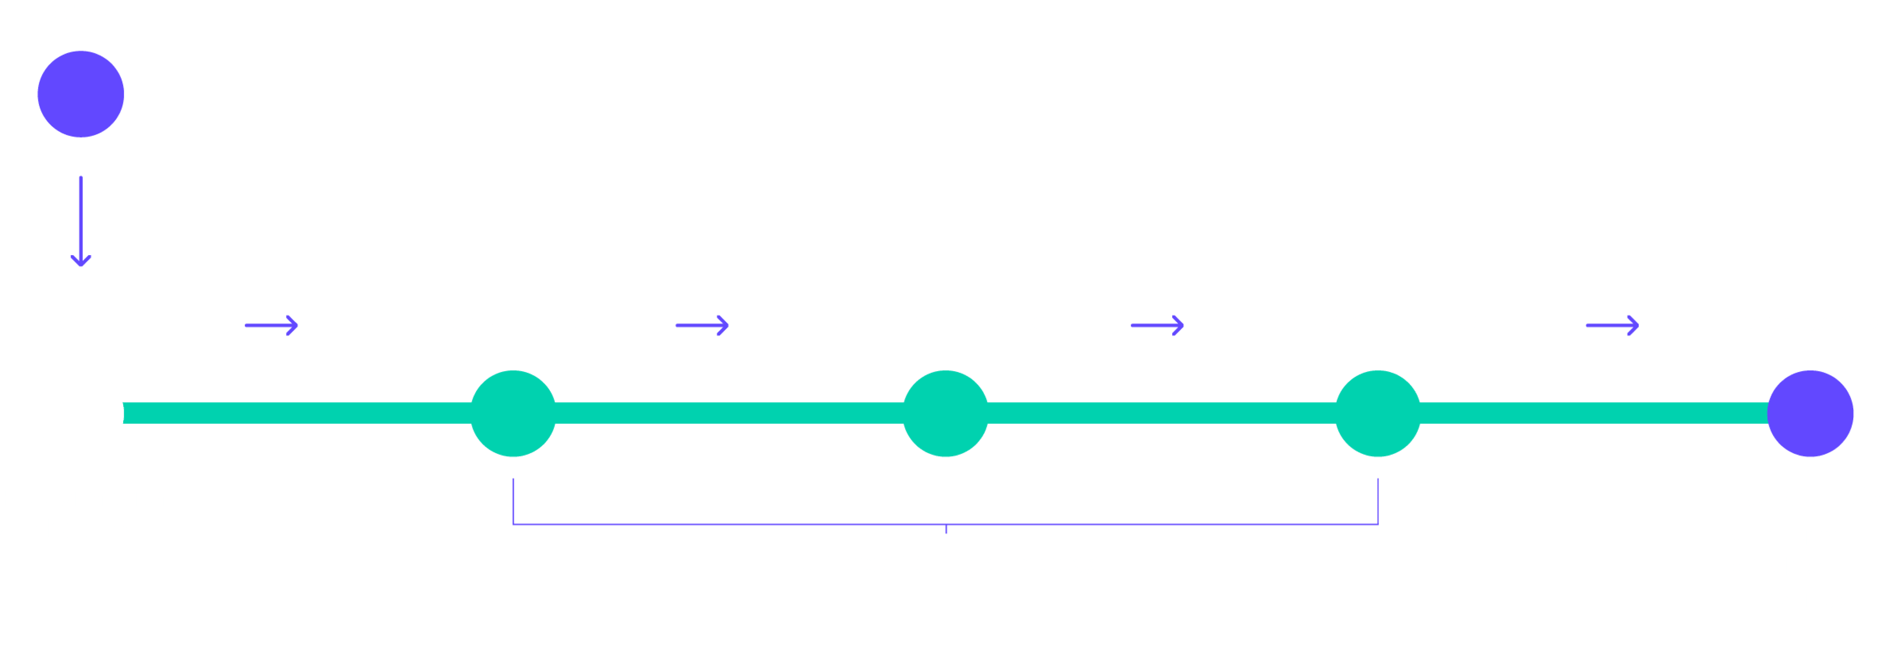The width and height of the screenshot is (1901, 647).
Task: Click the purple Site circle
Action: point(81,94)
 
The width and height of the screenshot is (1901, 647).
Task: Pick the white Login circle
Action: point(81,413)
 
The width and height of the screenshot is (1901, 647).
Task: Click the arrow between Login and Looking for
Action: point(271,325)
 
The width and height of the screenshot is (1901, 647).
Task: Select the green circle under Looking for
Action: point(513,413)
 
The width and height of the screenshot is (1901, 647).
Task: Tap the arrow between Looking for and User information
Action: point(703,325)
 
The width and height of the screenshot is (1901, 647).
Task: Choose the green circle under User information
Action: point(945,413)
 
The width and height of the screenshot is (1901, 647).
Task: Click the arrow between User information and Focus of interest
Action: point(1157,325)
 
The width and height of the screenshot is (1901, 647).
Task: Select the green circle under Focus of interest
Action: point(1378,413)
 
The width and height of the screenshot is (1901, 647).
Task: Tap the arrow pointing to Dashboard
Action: point(1612,325)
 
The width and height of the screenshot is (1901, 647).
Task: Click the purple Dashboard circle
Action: point(1809,413)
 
